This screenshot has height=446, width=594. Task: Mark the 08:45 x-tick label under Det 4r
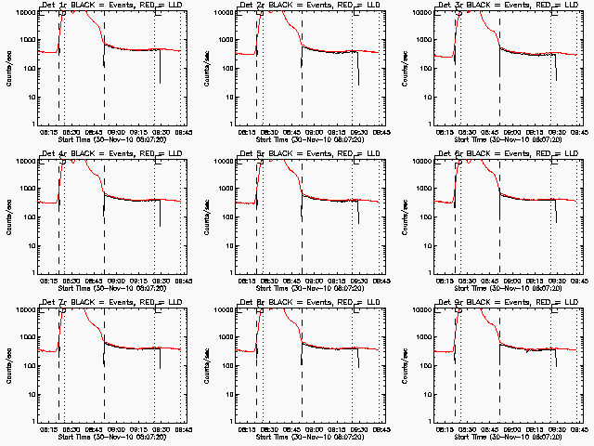click(104, 280)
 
